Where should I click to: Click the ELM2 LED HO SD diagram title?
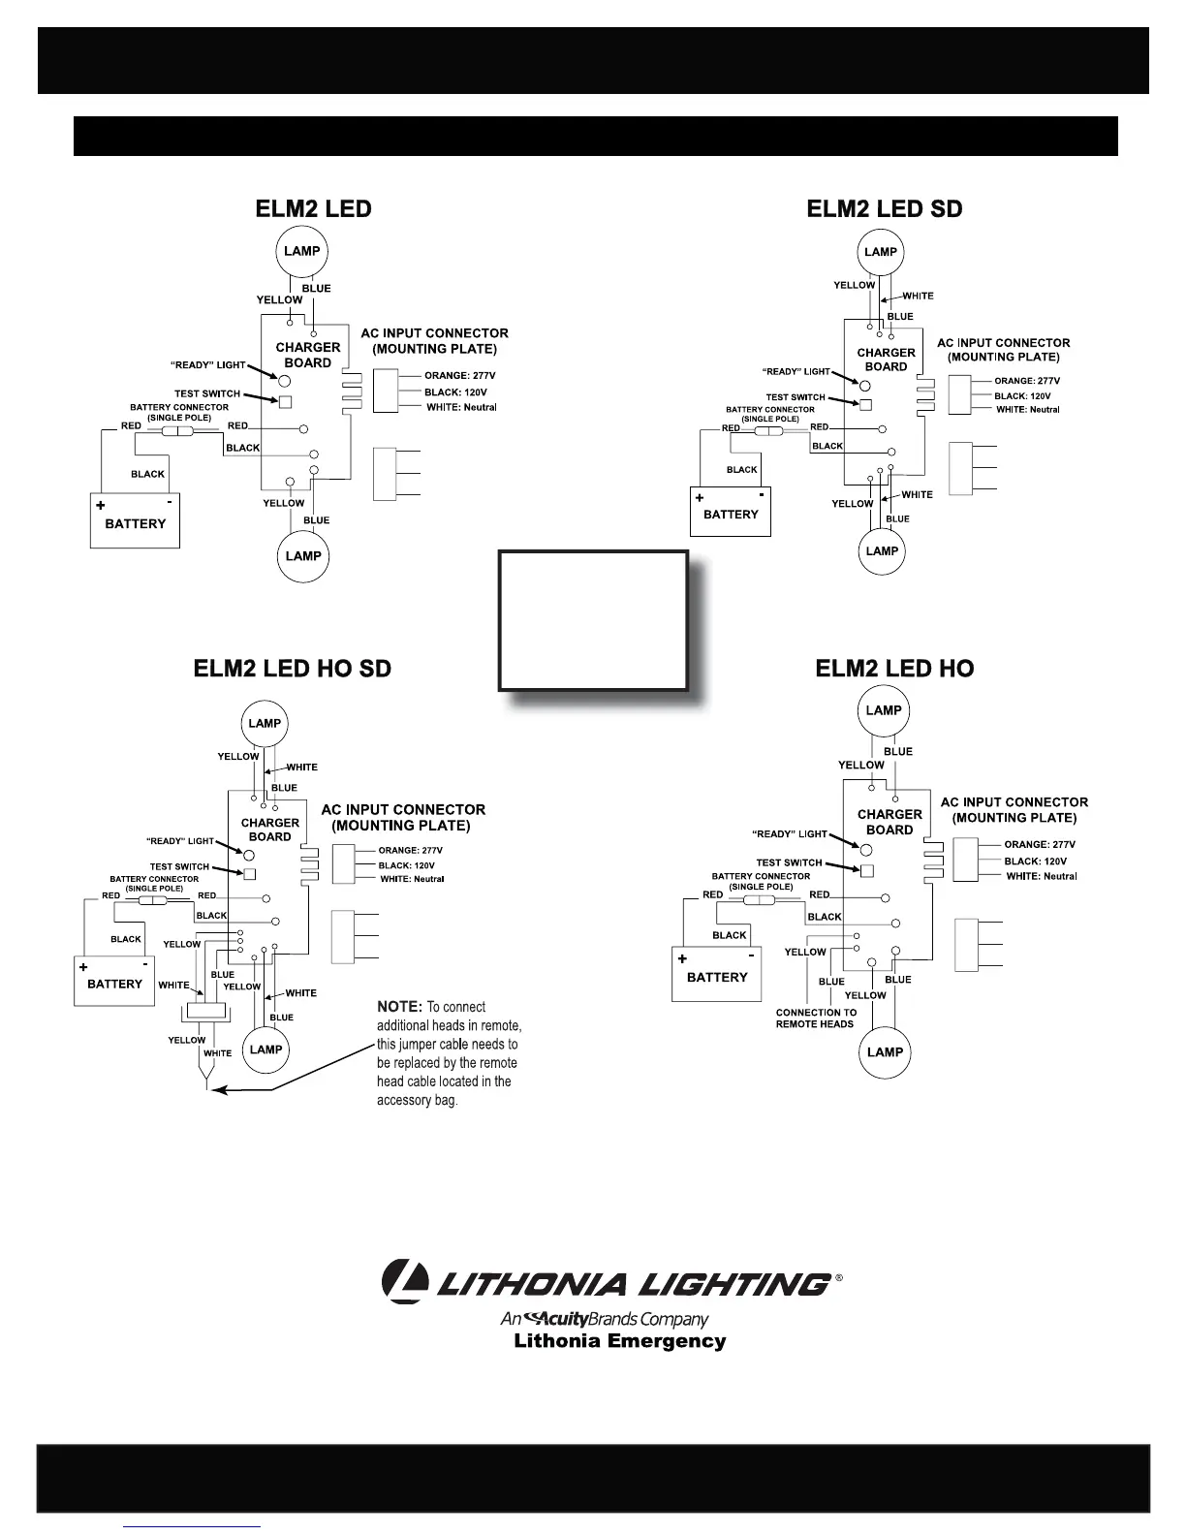click(293, 669)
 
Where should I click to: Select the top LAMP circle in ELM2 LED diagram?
click(302, 251)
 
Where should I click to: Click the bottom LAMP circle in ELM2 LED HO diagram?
click(885, 1051)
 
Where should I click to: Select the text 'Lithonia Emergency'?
click(619, 1341)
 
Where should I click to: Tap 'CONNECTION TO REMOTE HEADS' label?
click(815, 1018)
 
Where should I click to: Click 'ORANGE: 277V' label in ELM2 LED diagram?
click(459, 376)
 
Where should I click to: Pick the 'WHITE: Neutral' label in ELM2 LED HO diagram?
click(1042, 876)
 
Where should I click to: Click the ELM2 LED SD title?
click(885, 209)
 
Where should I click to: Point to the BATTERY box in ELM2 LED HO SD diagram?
click(114, 981)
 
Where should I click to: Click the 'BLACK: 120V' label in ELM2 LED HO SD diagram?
click(406, 865)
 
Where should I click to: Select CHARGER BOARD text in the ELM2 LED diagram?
click(308, 355)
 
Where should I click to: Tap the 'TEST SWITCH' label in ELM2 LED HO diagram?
click(789, 862)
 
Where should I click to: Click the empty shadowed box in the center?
click(593, 620)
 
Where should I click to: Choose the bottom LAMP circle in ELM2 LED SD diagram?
click(882, 551)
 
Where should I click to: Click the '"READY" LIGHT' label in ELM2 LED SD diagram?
click(796, 372)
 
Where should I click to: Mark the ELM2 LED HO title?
click(894, 669)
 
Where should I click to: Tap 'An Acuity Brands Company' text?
click(605, 1319)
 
